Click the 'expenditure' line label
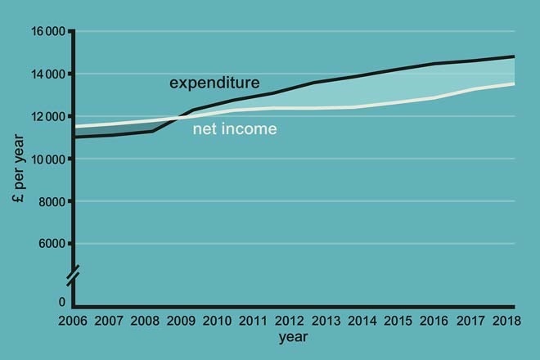(x=214, y=83)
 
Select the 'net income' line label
(x=235, y=128)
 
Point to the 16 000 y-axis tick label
(x=48, y=32)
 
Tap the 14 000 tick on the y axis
(x=48, y=74)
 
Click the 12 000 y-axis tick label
(x=48, y=117)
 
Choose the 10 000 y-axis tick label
(x=48, y=160)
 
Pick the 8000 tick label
(x=52, y=201)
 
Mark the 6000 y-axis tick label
(x=52, y=244)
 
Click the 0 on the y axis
(x=61, y=302)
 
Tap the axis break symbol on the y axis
(x=74, y=276)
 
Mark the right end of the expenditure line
(x=514, y=56)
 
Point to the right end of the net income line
(x=514, y=83)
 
